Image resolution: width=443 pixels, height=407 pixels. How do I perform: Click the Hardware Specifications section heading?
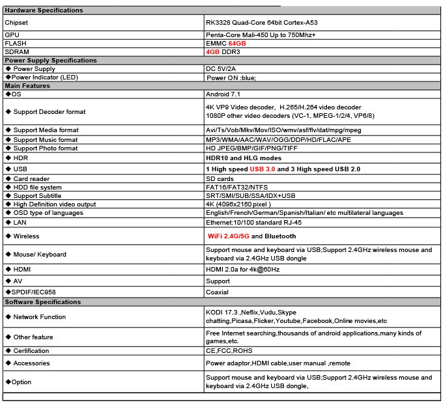[x=44, y=10]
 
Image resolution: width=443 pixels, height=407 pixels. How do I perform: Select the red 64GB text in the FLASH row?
[x=237, y=43]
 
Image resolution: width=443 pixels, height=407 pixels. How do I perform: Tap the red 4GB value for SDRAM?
[x=212, y=51]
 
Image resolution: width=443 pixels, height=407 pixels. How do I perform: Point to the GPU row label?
[x=12, y=35]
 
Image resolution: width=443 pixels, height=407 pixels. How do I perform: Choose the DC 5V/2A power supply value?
[x=220, y=69]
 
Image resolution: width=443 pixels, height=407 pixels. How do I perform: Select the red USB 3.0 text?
[x=263, y=169]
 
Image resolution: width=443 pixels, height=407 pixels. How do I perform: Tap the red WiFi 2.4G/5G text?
[x=229, y=236]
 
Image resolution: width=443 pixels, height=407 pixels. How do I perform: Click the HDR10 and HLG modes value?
[x=244, y=158]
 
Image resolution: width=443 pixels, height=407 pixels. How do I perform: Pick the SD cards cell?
[x=220, y=179]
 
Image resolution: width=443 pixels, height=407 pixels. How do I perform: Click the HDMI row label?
[x=21, y=269]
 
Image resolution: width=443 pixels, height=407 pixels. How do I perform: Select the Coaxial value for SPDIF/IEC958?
[x=217, y=292]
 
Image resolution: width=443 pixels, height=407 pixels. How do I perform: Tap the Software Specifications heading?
[x=43, y=302]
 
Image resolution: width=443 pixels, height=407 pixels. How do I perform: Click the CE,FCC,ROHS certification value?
[x=229, y=350]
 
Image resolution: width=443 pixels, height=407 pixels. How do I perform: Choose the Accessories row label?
[x=31, y=363]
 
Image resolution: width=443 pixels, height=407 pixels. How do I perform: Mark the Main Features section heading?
[x=27, y=86]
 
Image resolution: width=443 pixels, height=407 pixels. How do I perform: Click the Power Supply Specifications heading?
[x=51, y=61]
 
